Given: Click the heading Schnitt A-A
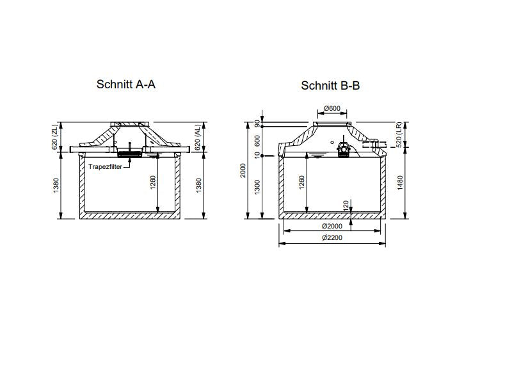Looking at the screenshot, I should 125,84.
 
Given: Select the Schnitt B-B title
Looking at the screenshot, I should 330,86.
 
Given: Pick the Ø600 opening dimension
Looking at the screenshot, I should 332,108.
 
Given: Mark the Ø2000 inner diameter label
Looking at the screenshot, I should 332,227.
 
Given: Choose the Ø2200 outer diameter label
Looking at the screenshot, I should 332,238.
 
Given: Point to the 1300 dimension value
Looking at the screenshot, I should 258,187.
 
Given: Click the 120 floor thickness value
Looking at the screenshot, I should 346,205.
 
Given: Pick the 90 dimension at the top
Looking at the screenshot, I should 258,123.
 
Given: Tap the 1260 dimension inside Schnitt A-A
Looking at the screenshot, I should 152,183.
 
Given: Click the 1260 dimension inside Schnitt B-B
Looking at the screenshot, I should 301,183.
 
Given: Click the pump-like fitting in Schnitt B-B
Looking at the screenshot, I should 344,150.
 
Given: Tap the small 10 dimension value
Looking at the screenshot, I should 258,156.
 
